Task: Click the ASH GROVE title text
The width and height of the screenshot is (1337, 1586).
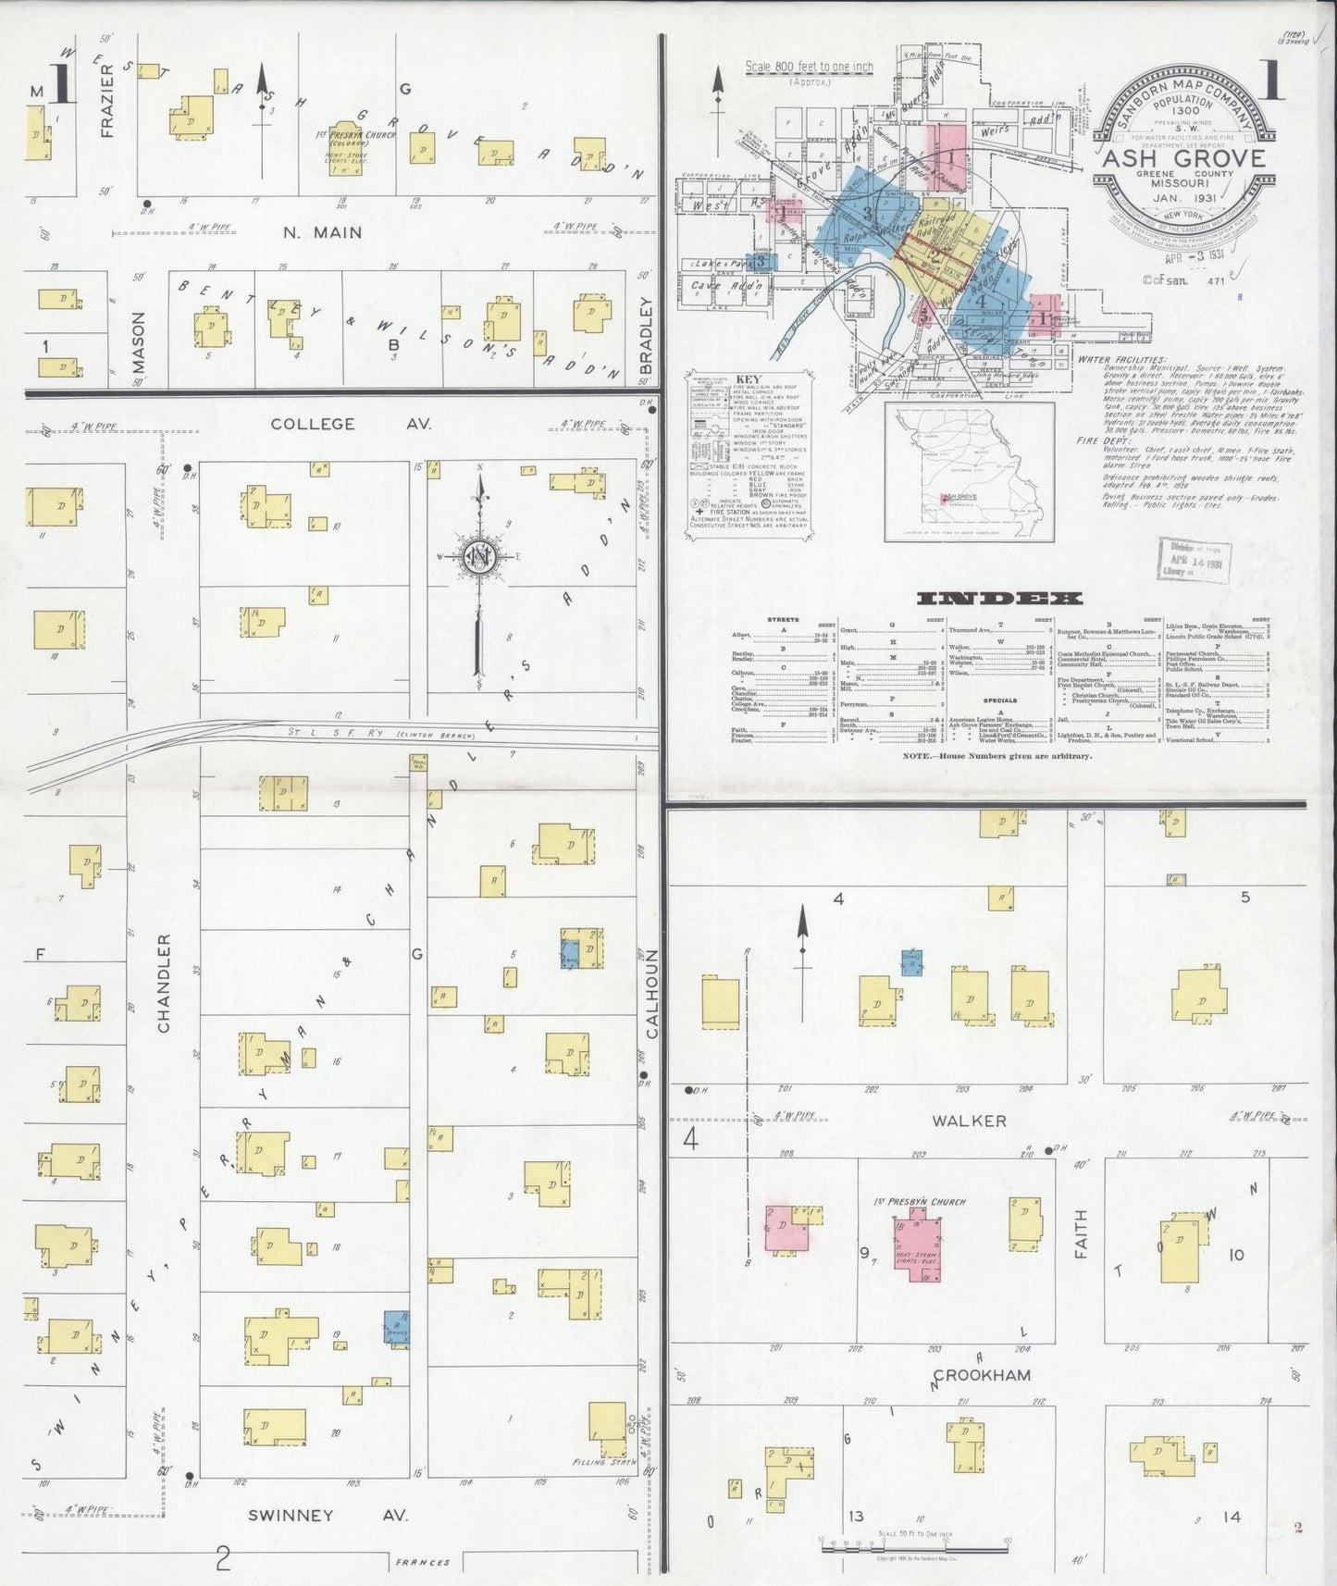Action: click(x=1183, y=158)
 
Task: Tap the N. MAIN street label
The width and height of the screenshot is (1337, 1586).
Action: click(x=322, y=232)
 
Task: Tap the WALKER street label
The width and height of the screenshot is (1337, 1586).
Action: click(x=969, y=1121)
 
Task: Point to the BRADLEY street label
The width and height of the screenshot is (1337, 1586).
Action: click(x=646, y=335)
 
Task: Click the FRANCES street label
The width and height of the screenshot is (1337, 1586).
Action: click(x=422, y=1563)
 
